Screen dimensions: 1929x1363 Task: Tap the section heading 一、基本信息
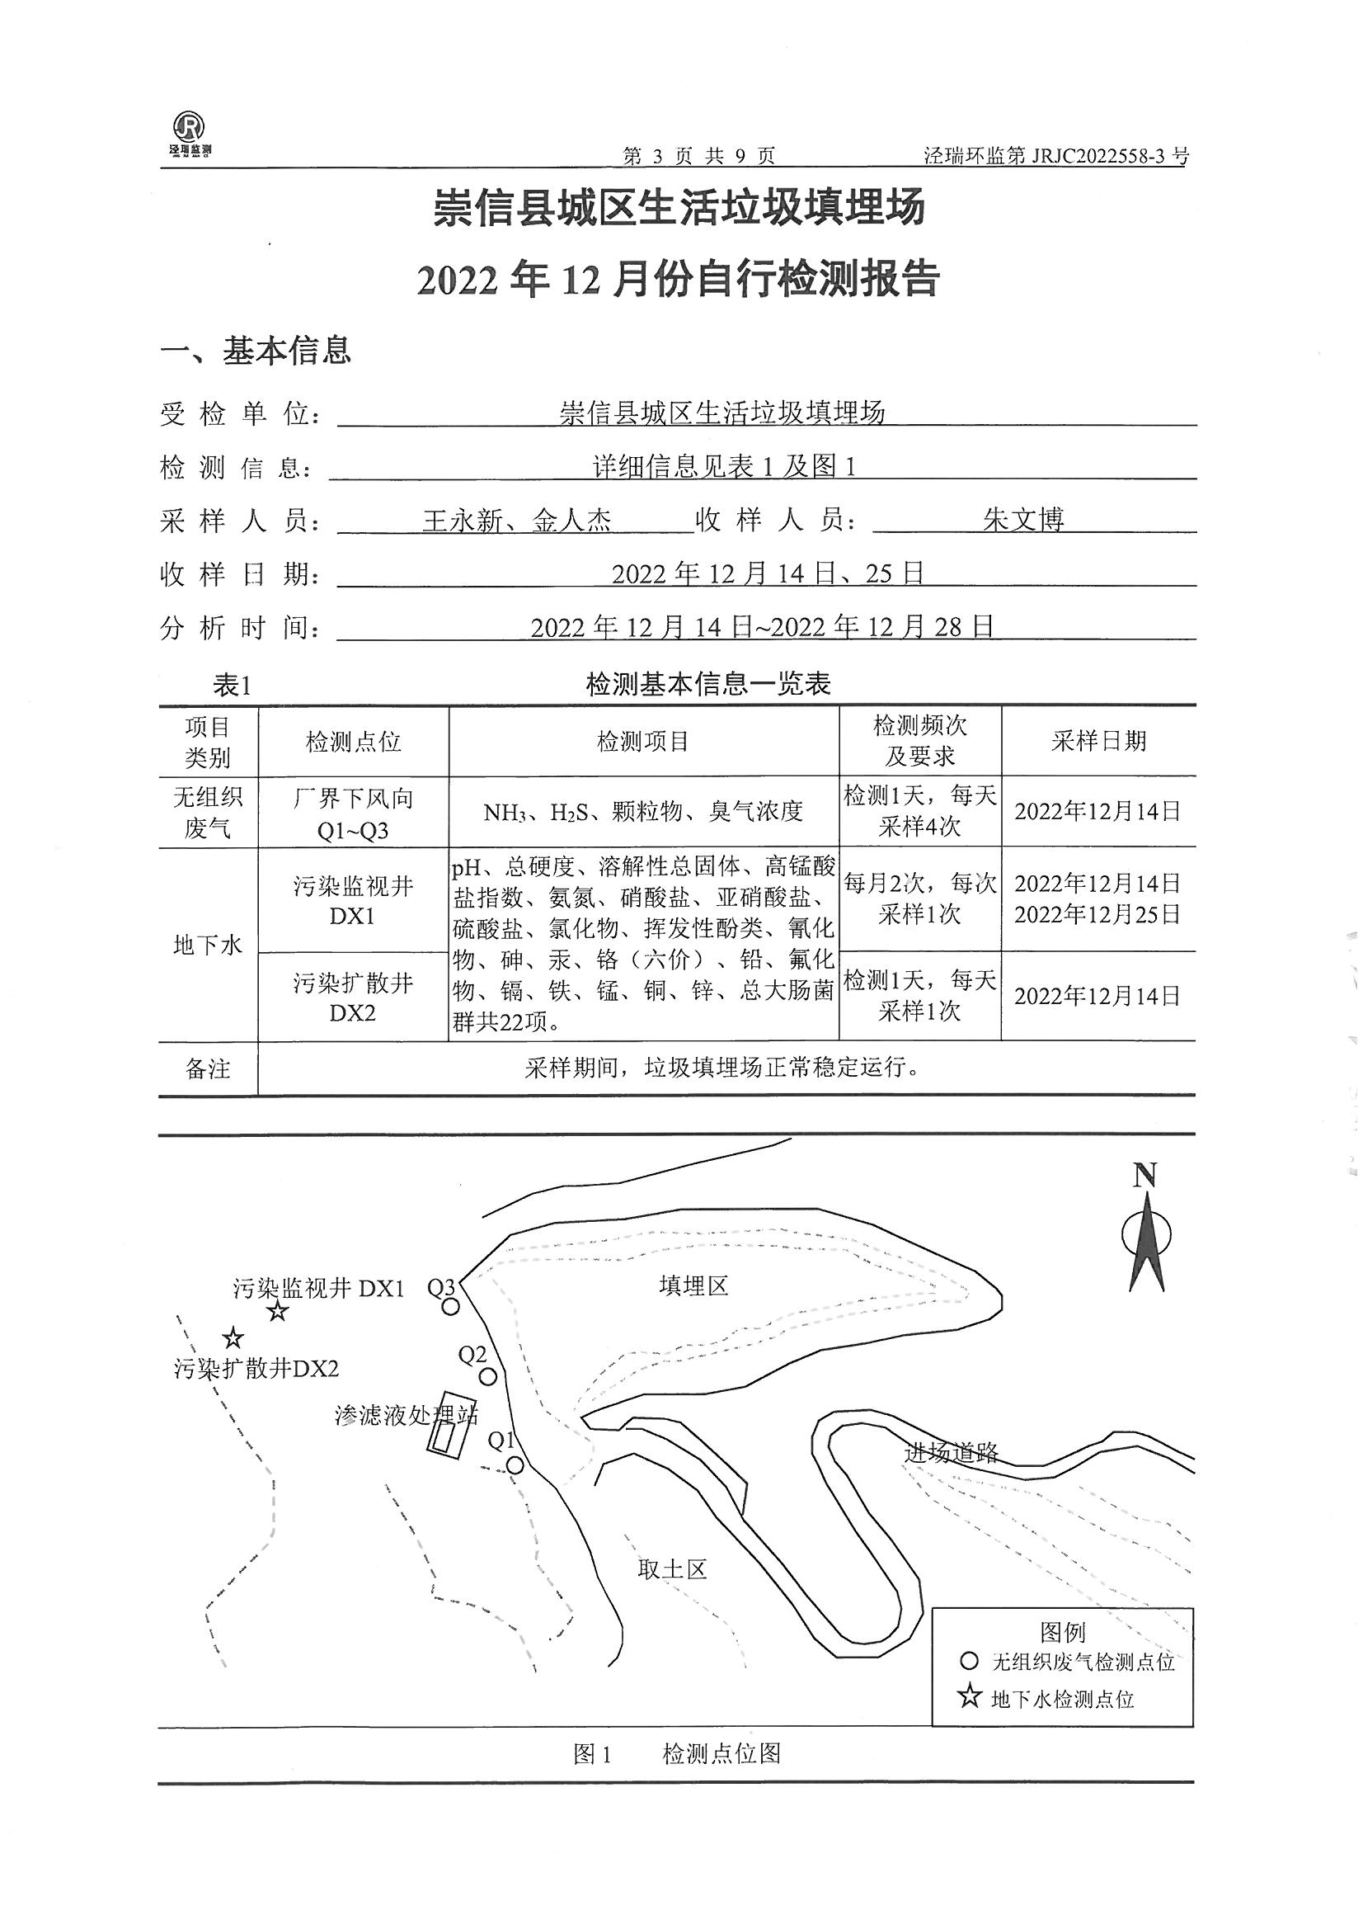256,351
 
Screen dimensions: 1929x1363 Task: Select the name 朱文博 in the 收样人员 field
1024,519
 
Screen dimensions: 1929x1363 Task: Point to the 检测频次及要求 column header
919,740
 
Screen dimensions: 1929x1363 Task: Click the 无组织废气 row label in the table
208,812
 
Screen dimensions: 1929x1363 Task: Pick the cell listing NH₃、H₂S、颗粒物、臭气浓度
643,812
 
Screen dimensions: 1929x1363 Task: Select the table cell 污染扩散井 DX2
353,998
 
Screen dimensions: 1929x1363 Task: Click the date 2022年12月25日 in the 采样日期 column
1097,914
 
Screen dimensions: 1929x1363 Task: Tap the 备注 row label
208,1068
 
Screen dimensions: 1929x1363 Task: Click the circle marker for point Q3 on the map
451,1306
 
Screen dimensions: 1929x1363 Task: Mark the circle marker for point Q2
488,1376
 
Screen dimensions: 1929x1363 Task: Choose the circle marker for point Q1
515,1465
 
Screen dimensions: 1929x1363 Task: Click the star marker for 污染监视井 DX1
278,1312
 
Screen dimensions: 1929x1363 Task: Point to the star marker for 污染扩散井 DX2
233,1338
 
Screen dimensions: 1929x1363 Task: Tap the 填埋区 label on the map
693,1286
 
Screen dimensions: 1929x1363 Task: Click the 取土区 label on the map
672,1568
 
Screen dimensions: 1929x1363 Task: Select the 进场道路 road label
951,1452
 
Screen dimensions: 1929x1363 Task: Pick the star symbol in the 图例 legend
970,1697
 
